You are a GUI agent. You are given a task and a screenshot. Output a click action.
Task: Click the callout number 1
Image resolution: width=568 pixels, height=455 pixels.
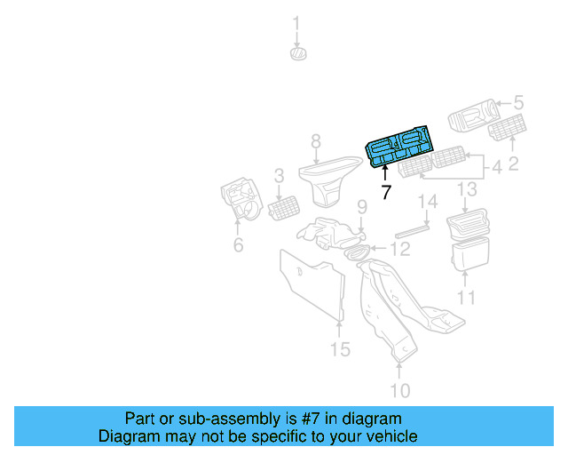tap(297, 23)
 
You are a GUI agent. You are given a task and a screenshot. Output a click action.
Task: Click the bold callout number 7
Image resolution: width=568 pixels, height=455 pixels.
tap(386, 192)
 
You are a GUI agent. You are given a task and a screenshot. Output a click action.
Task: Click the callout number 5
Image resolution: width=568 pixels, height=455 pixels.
tap(519, 103)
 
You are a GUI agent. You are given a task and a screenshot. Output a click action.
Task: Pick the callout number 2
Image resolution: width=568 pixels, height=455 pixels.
tap(512, 163)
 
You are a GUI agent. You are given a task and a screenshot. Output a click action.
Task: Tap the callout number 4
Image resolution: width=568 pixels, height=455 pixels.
tap(497, 166)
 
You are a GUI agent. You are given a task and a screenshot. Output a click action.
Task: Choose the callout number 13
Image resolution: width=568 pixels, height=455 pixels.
tap(467, 189)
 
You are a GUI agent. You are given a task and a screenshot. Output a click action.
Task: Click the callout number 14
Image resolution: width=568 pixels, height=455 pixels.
tap(429, 203)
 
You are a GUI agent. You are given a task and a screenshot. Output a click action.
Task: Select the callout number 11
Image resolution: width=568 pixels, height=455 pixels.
tap(467, 298)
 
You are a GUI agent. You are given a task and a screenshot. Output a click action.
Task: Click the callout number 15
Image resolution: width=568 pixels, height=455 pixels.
tap(341, 349)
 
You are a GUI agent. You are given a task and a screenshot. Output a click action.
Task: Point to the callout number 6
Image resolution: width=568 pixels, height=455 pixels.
tap(238, 245)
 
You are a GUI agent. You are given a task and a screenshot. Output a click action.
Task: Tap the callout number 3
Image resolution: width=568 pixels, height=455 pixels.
tap(279, 176)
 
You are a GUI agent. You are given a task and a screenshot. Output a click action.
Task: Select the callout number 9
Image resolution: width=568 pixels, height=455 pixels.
tap(361, 208)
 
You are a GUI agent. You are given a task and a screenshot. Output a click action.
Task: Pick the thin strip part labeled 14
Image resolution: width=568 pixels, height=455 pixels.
tap(412, 229)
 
